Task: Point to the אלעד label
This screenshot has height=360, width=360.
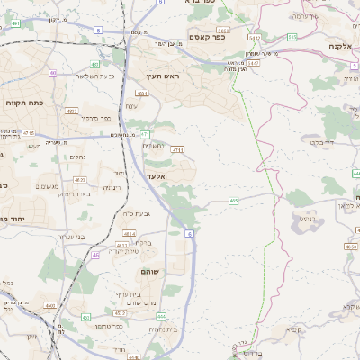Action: pos(157,191)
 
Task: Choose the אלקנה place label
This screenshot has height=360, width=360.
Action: pos(339,45)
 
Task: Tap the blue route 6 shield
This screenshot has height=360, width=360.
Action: pos(190,234)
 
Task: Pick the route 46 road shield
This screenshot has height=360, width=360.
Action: pos(95,255)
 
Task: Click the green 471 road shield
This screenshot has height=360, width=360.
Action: pos(145,134)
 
